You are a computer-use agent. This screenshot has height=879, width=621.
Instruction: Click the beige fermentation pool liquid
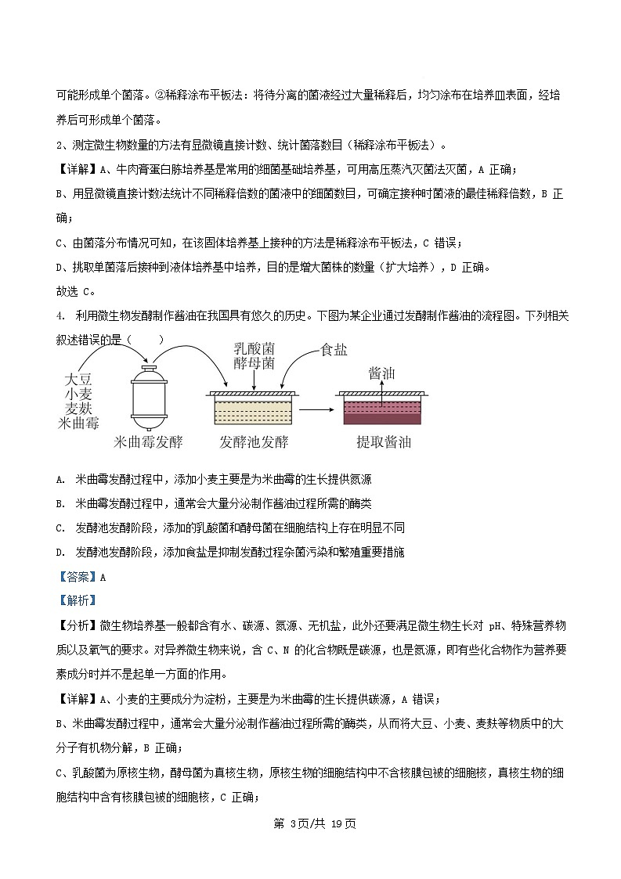pos(251,412)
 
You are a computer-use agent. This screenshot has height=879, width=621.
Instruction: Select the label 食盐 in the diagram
pos(334,350)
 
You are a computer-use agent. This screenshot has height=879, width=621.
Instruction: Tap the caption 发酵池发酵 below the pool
pos(254,442)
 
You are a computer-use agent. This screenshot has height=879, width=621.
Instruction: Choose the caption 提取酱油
pos(384,442)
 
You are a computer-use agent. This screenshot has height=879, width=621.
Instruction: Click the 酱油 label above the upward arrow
pos(381,373)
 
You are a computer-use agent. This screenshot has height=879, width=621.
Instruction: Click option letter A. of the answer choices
pos(60,479)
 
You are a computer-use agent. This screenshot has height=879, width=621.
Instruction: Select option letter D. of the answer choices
pos(60,552)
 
